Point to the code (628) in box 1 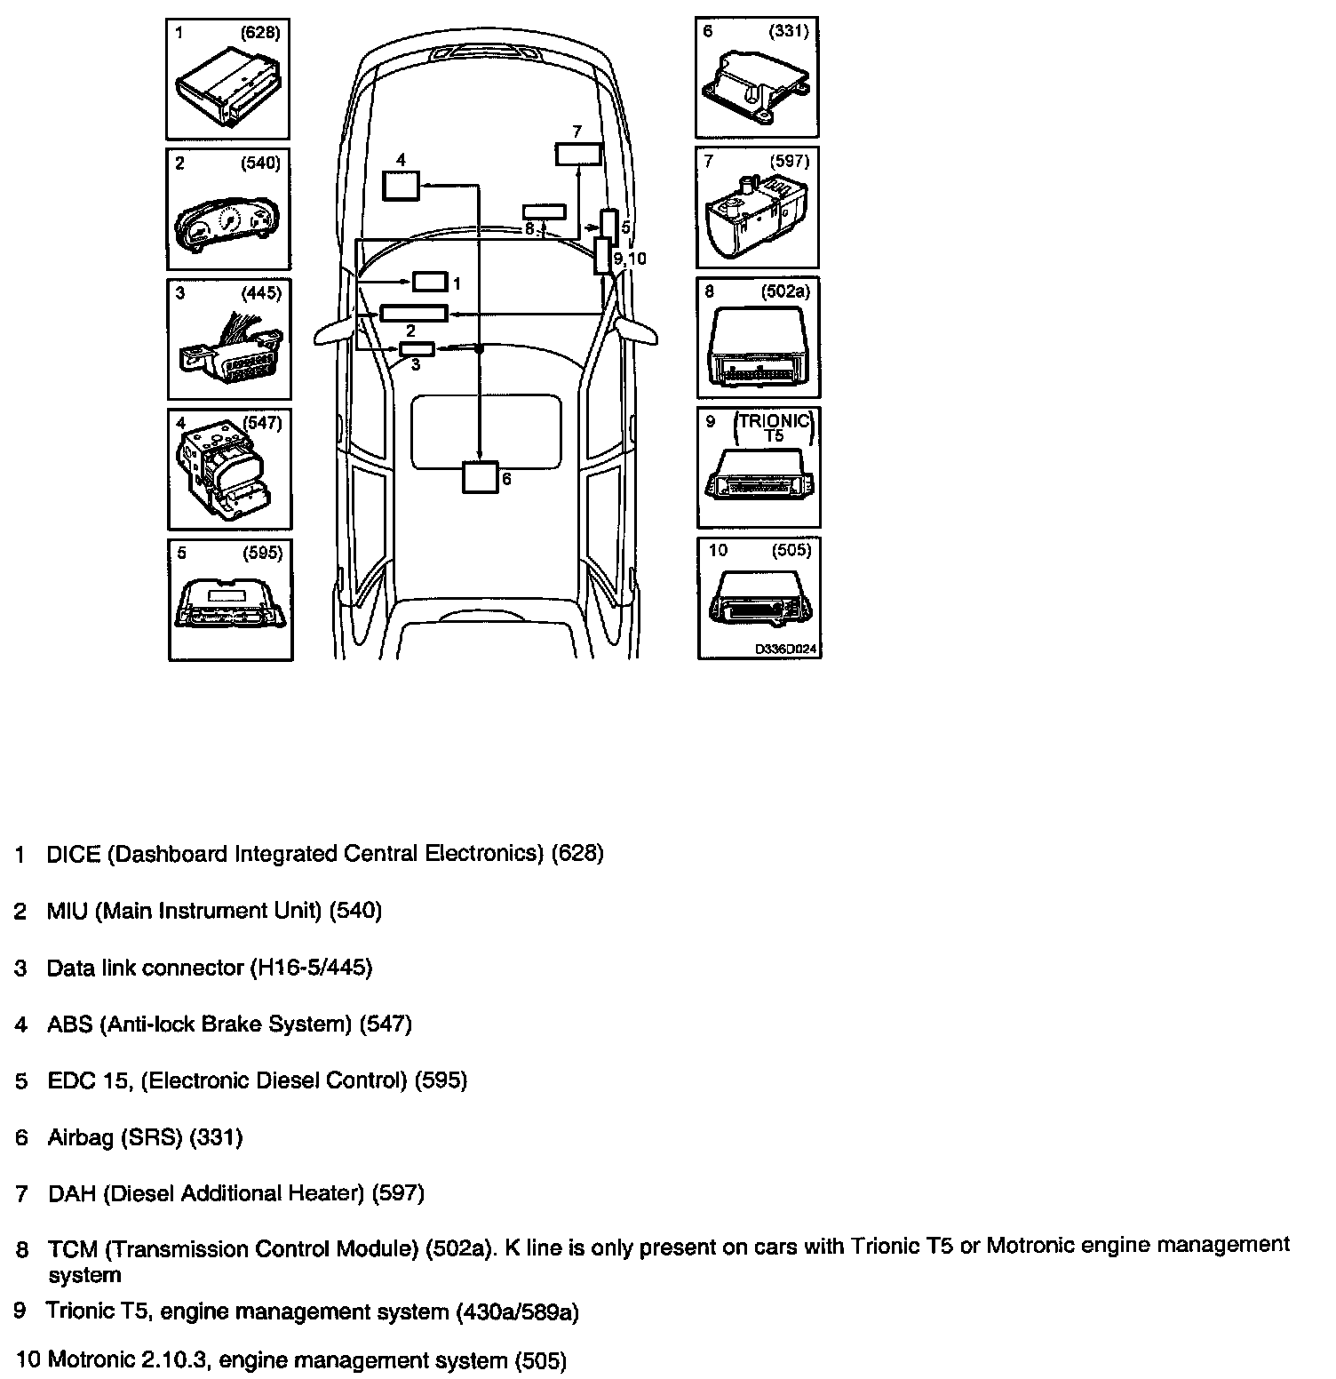coord(260,33)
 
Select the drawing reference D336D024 coord(785,650)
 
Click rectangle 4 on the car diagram coord(401,186)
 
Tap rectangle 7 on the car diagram coord(578,154)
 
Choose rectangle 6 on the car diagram coord(481,477)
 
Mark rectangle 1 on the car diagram coord(430,283)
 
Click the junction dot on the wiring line coord(480,349)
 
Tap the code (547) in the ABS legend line coord(386,1024)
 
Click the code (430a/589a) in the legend coord(516,1311)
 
